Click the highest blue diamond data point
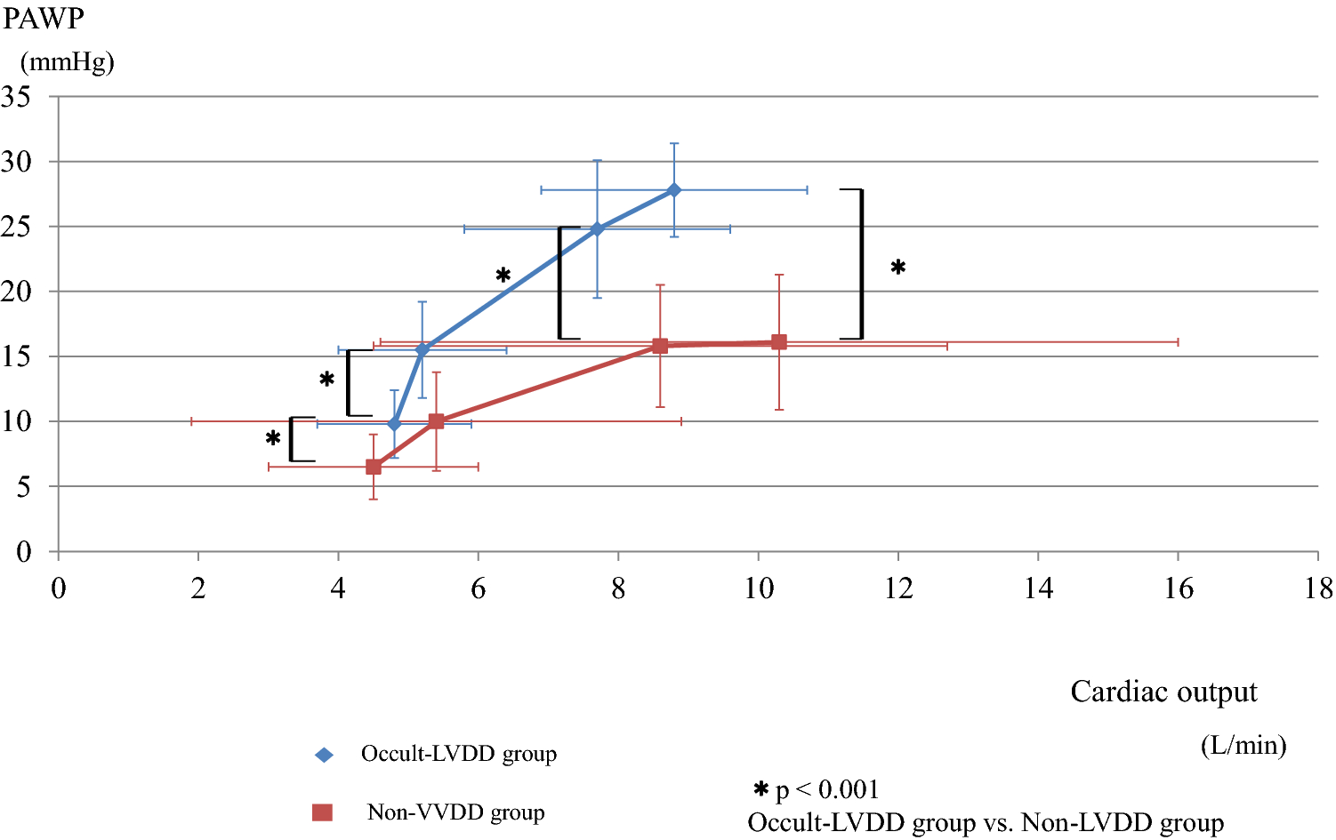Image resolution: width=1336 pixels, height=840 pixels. [x=674, y=190]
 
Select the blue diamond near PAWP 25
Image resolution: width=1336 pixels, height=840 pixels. [x=597, y=229]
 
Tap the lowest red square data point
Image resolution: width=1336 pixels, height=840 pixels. [x=374, y=467]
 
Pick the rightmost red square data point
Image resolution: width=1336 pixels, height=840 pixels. [x=779, y=342]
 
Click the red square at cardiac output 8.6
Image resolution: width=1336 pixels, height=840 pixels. [x=660, y=346]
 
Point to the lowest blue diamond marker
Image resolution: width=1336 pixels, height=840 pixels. [x=395, y=424]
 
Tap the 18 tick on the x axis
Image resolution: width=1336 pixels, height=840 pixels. [x=1318, y=588]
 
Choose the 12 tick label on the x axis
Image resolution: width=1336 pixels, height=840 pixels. [x=898, y=588]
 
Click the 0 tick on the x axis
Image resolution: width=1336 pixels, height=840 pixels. [x=59, y=588]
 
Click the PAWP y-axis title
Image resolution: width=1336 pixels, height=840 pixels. [x=43, y=19]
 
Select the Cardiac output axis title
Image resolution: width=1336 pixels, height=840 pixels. [x=1163, y=692]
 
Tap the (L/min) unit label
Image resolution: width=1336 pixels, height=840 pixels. [x=1243, y=745]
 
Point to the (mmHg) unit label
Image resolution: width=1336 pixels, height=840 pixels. [x=68, y=62]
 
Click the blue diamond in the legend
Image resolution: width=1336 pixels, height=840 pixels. [x=324, y=755]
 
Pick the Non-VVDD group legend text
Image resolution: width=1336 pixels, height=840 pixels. [x=455, y=812]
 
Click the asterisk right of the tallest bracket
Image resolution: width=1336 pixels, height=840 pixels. [x=898, y=268]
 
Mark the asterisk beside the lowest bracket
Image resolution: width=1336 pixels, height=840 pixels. [x=273, y=438]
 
